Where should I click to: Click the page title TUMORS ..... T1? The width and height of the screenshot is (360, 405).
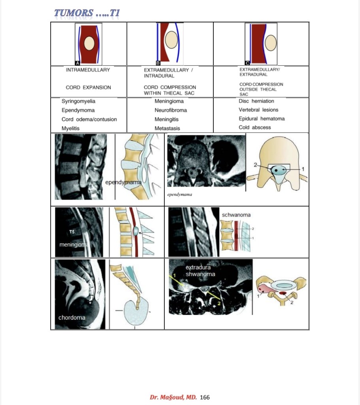pyautogui.click(x=87, y=13)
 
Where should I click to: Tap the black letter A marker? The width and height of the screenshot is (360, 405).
pyautogui.click(x=77, y=63)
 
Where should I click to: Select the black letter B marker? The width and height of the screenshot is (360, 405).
pyautogui.click(x=158, y=63)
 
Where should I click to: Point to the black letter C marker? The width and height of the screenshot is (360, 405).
pyautogui.click(x=247, y=63)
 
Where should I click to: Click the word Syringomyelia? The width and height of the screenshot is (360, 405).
pyautogui.click(x=78, y=101)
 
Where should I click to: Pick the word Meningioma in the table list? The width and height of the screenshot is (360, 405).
pyautogui.click(x=169, y=101)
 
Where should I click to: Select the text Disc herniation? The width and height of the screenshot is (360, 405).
pyautogui.click(x=256, y=101)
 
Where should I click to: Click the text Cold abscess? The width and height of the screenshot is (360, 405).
pyautogui.click(x=254, y=127)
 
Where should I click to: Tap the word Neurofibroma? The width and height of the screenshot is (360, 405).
pyautogui.click(x=171, y=110)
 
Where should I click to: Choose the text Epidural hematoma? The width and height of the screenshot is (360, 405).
pyautogui.click(x=262, y=119)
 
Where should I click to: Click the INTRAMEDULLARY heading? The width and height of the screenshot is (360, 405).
pyautogui.click(x=88, y=70)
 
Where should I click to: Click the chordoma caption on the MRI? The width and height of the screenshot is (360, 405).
pyautogui.click(x=72, y=318)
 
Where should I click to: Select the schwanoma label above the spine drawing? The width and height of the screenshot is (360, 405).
pyautogui.click(x=236, y=215)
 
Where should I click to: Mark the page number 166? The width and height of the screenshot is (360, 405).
pyautogui.click(x=205, y=397)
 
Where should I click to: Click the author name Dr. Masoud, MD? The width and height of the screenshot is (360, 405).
pyautogui.click(x=173, y=397)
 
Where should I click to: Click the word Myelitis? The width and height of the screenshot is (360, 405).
pyautogui.click(x=70, y=128)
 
